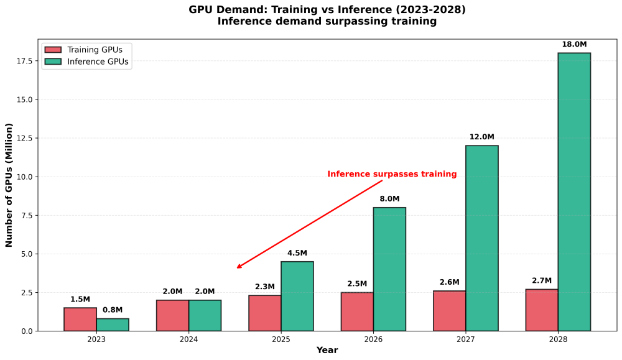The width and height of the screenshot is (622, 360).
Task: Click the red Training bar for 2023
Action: (x=80, y=319)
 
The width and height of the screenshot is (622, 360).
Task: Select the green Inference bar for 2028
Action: (x=574, y=192)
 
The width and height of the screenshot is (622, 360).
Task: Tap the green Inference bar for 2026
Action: (x=389, y=269)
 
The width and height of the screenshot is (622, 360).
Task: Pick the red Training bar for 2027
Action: (x=450, y=311)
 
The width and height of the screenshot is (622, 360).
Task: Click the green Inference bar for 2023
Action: (x=113, y=325)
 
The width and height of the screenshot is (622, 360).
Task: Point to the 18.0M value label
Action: (x=574, y=44)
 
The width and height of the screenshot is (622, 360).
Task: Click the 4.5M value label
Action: (x=297, y=253)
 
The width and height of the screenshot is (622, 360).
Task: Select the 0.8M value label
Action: (x=113, y=310)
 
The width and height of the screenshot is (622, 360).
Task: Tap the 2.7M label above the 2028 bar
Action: (x=542, y=280)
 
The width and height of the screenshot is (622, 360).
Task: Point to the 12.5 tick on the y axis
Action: (x=25, y=138)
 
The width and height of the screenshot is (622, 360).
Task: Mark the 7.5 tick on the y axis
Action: (x=27, y=215)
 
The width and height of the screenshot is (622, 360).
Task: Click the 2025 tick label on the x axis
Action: (x=281, y=339)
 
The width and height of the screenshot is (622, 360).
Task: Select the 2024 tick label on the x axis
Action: (x=189, y=339)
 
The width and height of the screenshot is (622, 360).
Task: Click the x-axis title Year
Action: (x=327, y=350)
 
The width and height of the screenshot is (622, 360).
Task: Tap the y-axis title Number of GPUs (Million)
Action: (x=9, y=185)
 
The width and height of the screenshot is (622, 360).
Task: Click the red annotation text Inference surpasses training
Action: (x=392, y=173)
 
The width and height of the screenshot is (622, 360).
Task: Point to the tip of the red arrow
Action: (x=237, y=268)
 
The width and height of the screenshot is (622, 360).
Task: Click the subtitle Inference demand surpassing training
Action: (x=327, y=21)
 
